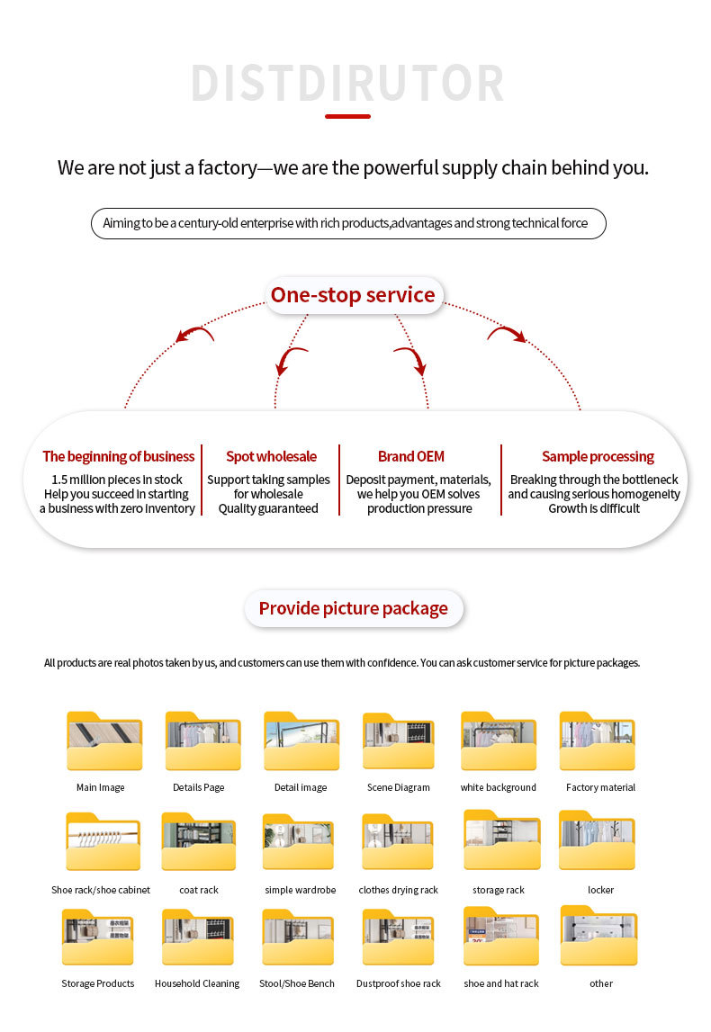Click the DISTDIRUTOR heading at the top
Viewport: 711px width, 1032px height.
[347, 84]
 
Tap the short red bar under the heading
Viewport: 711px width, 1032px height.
[347, 116]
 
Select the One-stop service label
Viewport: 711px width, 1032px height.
[353, 295]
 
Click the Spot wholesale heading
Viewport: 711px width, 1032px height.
[271, 456]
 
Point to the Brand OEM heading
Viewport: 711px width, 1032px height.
[410, 456]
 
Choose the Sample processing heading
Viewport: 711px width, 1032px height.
[598, 456]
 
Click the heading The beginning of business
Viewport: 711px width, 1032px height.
[119, 456]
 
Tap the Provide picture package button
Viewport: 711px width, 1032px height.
[353, 608]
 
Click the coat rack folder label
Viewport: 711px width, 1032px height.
[199, 890]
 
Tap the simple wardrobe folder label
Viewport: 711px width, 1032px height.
[301, 890]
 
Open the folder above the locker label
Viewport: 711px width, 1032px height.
[598, 841]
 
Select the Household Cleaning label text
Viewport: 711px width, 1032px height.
[197, 983]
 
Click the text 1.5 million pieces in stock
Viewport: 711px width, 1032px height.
[117, 480]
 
